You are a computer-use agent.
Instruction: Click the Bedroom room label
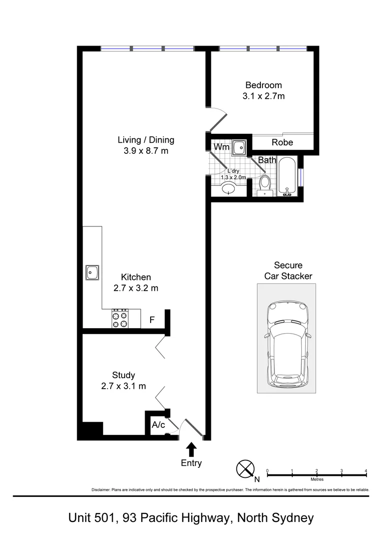pos(263,85)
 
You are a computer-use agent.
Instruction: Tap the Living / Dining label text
pos(146,140)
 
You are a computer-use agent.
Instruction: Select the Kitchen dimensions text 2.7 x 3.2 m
pos(136,288)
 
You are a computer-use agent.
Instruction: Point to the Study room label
pos(123,375)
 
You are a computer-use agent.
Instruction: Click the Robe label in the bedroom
pos(282,143)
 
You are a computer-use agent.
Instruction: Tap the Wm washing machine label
pos(221,147)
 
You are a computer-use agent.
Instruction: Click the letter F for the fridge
pos(152,319)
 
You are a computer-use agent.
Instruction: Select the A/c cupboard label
pos(158,425)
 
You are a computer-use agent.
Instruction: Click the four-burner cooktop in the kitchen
pos(120,318)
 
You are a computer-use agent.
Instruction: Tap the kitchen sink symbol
pos(92,273)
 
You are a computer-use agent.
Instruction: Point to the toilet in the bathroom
pos(264,184)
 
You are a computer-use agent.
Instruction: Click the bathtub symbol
pos(288,178)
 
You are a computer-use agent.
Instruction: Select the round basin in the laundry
pos(230,189)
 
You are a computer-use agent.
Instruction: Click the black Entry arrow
pos(191,448)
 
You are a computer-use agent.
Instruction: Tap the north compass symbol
pos(245,469)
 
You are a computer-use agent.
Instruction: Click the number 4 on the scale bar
pos(366,470)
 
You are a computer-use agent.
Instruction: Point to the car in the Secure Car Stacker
pos(287,345)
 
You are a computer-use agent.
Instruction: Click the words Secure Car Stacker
pos(288,270)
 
